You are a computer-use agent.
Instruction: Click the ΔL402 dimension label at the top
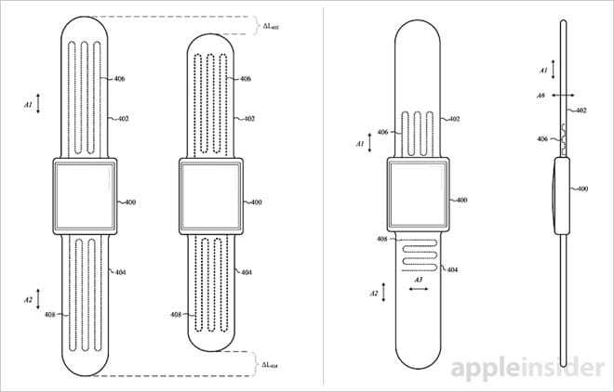tap(271, 26)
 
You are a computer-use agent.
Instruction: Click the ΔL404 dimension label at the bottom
tap(270, 365)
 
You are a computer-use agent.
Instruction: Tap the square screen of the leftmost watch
tap(85, 196)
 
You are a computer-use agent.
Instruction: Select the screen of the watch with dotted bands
tap(210, 196)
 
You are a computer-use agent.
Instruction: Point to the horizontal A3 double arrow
tap(419, 289)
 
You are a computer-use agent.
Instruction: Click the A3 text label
tap(419, 280)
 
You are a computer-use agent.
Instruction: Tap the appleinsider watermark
tap(527, 367)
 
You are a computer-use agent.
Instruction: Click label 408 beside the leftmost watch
tap(49, 314)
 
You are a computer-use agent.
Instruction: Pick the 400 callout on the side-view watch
tap(582, 189)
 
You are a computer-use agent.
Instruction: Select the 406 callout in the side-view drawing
tap(542, 138)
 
